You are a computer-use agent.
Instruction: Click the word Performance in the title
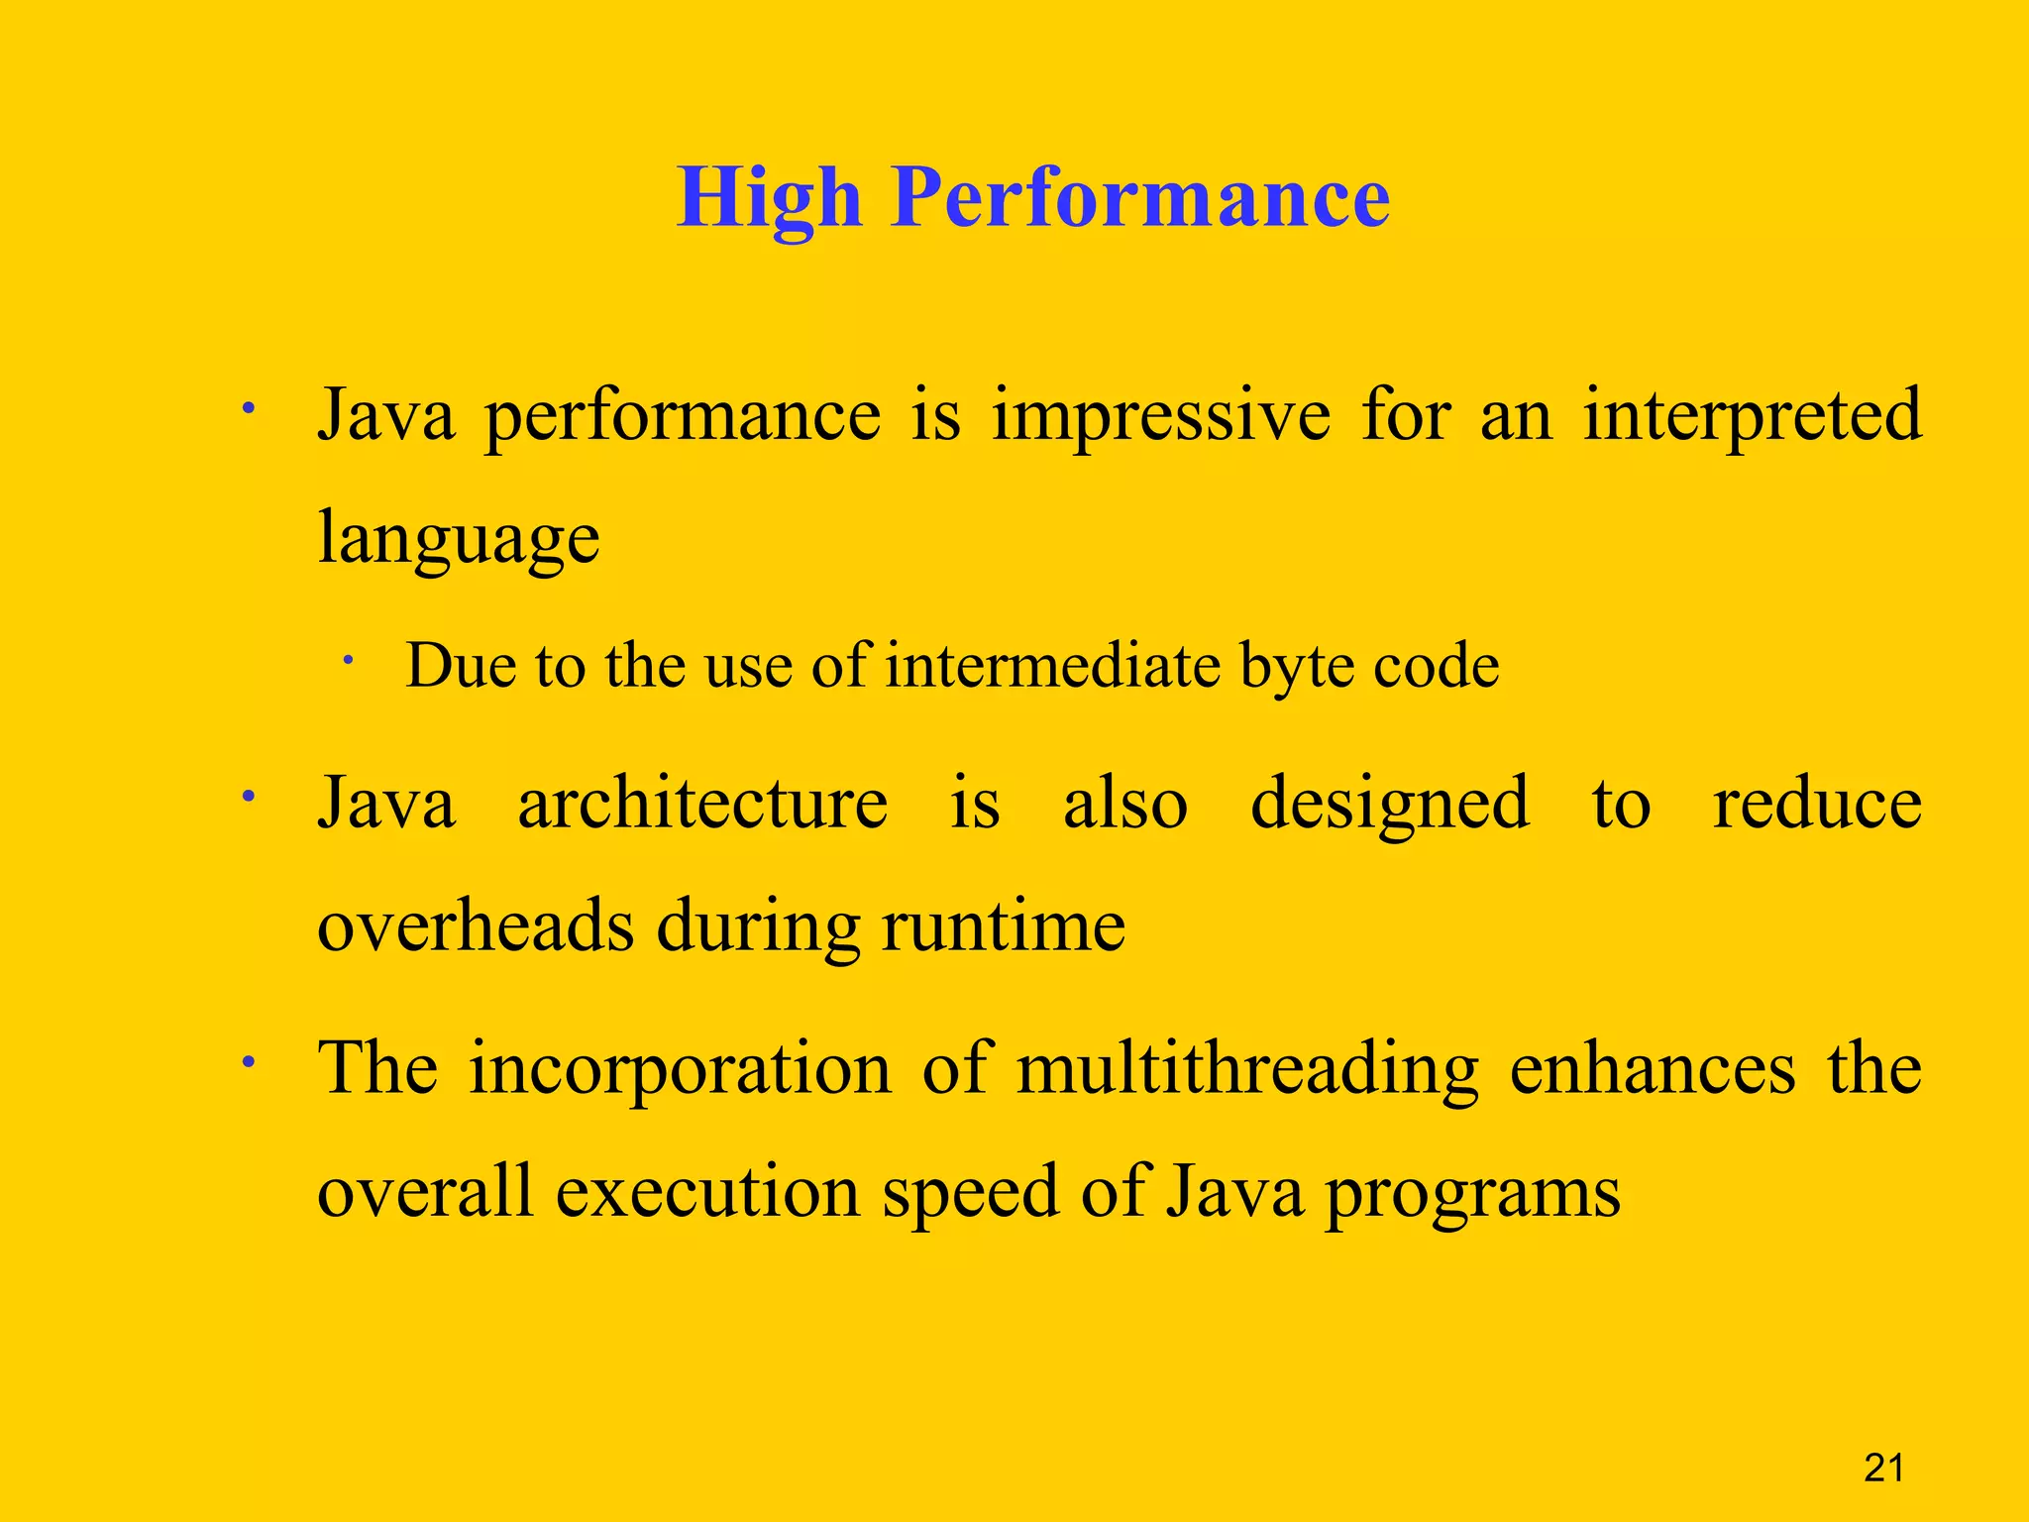(1140, 197)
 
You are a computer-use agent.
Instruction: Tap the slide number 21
(1883, 1468)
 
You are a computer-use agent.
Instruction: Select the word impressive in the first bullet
(1161, 416)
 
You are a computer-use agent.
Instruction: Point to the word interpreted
(1752, 416)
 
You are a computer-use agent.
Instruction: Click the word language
(459, 540)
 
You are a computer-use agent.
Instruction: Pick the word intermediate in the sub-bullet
(1052, 665)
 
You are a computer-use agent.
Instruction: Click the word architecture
(702, 803)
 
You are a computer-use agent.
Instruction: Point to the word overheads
(476, 925)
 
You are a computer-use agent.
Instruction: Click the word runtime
(1003, 925)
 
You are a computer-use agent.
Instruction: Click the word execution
(707, 1192)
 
